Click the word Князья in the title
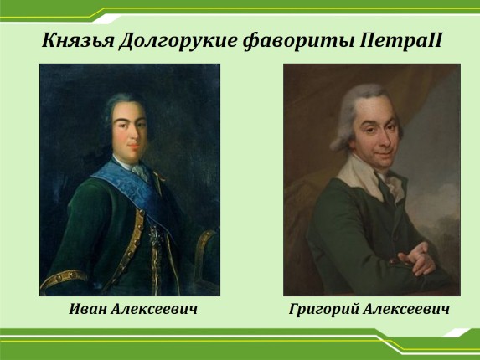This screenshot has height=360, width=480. click(x=78, y=41)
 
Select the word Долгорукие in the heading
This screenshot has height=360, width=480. click(x=178, y=41)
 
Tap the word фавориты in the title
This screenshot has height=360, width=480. click(x=299, y=41)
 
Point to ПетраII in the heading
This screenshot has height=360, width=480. click(x=400, y=41)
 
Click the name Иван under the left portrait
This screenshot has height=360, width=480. click(x=88, y=309)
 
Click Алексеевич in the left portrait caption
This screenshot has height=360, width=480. click(x=154, y=309)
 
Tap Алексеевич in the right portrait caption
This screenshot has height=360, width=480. click(x=406, y=309)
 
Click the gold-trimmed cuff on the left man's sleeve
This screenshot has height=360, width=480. click(x=63, y=277)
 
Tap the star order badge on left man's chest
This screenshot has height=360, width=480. click(x=155, y=236)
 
